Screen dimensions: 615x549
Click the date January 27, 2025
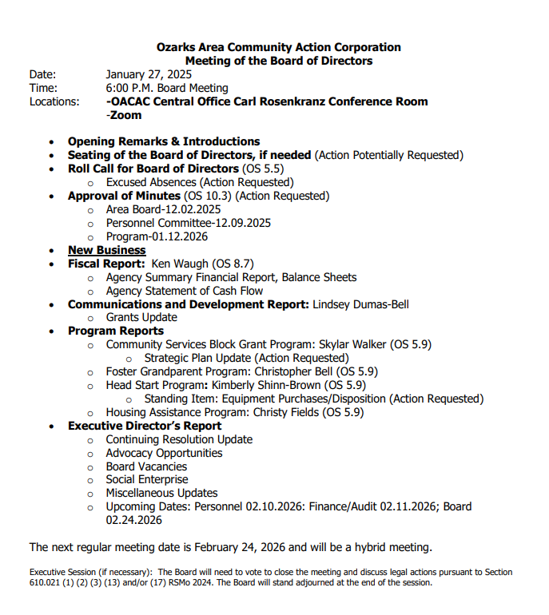click(x=149, y=74)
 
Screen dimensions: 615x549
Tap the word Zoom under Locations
click(x=125, y=115)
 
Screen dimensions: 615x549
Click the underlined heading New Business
click(x=106, y=250)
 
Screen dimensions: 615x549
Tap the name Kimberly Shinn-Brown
click(x=269, y=385)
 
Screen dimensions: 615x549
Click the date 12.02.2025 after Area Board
click(x=193, y=209)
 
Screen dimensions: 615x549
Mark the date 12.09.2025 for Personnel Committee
click(x=242, y=223)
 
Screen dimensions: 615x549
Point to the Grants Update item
click(x=141, y=317)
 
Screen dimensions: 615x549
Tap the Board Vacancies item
click(x=146, y=466)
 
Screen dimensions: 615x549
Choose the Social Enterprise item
click(x=147, y=479)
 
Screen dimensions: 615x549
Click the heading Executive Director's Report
click(x=144, y=426)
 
